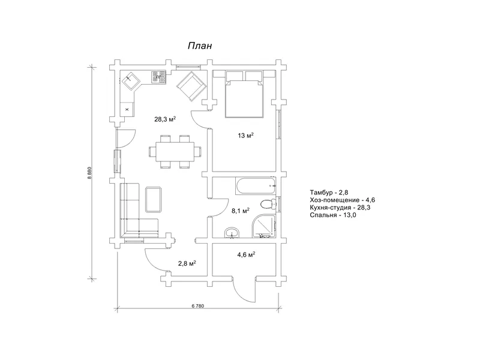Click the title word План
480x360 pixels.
[200, 46]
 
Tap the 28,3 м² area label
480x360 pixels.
[164, 119]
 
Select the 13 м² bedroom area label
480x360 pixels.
[246, 136]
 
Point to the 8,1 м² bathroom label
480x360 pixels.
[241, 211]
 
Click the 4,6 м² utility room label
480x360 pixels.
[247, 254]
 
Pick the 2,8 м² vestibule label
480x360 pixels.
[187, 263]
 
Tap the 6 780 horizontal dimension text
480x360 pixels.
[198, 306]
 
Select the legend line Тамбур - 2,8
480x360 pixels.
[329, 193]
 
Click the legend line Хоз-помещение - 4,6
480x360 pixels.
[342, 200]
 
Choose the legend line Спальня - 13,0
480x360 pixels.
[333, 215]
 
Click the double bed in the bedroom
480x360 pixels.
[244, 94]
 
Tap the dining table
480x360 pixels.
[175, 152]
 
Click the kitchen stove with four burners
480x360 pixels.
[158, 77]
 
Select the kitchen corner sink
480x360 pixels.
[131, 80]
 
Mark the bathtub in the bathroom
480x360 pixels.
[256, 187]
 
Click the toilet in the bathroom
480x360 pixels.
[268, 203]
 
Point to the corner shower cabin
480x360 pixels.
[263, 226]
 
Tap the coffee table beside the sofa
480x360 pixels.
[154, 199]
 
